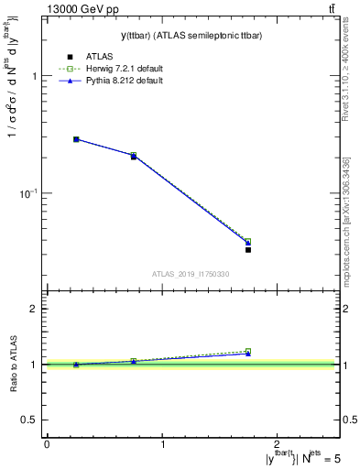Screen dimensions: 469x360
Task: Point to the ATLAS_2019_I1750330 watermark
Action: click(x=191, y=274)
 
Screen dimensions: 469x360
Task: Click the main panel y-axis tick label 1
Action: click(x=33, y=77)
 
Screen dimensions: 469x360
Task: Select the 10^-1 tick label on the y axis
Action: click(x=30, y=193)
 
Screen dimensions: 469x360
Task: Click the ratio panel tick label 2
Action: click(x=33, y=309)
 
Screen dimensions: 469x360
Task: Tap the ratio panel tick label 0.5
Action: click(x=29, y=420)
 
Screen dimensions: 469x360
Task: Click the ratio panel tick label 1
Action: click(x=33, y=365)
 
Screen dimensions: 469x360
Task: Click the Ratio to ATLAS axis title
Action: click(x=13, y=364)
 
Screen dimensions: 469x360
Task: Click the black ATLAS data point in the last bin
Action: click(x=248, y=249)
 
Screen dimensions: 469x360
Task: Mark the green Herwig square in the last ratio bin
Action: click(x=248, y=351)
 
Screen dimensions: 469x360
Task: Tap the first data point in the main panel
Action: click(x=76, y=139)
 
